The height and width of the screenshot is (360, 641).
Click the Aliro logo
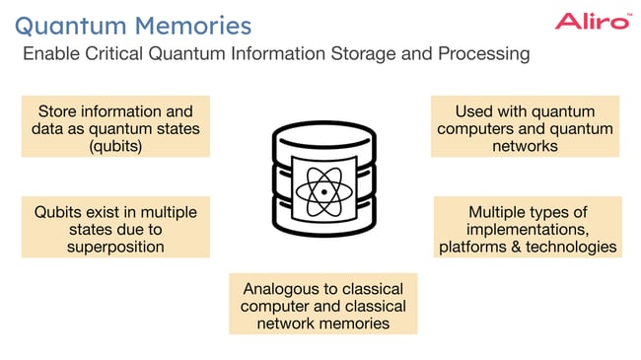592,21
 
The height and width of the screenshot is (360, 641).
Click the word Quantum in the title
75,23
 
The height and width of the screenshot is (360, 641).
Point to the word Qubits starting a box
57,212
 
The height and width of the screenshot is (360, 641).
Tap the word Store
57,110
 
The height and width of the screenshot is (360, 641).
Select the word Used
473,110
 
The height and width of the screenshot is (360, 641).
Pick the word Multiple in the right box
499,212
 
